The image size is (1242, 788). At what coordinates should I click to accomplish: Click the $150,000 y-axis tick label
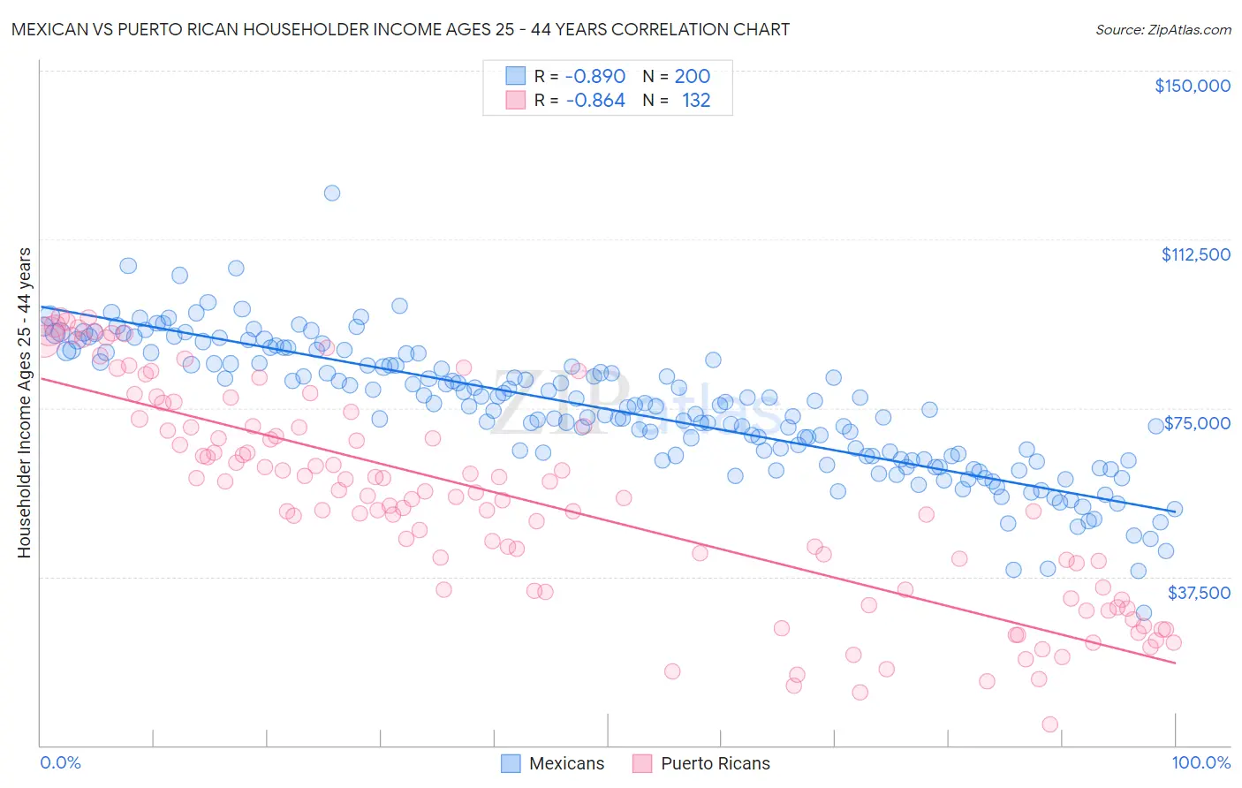(1192, 86)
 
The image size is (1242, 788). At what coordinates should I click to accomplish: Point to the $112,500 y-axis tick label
(1195, 254)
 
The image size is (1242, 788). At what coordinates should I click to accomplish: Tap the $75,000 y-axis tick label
(1197, 423)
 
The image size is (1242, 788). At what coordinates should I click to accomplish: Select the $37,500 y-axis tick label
(1199, 593)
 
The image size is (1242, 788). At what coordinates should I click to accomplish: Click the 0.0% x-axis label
(60, 763)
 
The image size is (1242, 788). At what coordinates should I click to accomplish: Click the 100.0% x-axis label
(1200, 763)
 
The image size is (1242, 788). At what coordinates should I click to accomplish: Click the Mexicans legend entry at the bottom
(553, 763)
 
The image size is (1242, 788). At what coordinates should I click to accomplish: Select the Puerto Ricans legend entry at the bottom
(702, 763)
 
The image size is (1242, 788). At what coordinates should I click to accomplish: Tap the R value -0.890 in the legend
(594, 77)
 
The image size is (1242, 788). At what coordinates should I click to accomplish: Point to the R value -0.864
(594, 101)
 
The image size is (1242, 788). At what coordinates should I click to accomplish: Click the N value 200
(692, 77)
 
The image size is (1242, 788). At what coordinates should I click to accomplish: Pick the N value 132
(696, 101)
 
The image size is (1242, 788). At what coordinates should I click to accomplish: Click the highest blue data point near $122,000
(332, 193)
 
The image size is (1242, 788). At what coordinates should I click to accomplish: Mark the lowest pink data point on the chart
(1049, 724)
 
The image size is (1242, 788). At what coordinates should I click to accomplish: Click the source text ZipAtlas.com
(1162, 29)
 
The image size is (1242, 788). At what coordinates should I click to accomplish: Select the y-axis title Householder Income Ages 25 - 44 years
(24, 403)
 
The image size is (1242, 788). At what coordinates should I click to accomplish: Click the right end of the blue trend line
(1175, 510)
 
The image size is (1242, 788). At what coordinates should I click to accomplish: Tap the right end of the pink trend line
(1175, 663)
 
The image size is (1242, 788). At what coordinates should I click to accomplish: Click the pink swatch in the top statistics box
(515, 101)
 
